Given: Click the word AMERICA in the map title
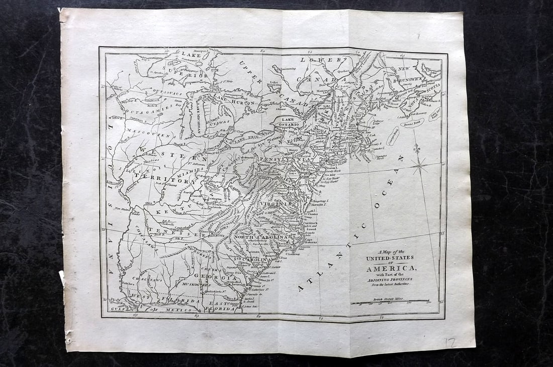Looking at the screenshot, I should tap(391, 268).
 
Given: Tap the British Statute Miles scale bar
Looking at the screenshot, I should tap(390, 301).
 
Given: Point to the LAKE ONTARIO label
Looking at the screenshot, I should tap(287, 121).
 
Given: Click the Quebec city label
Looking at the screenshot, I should tap(343, 71).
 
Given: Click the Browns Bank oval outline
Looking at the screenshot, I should tap(412, 123).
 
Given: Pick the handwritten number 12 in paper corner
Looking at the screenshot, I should tap(451, 343).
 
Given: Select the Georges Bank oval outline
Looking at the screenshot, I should tap(393, 136).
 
